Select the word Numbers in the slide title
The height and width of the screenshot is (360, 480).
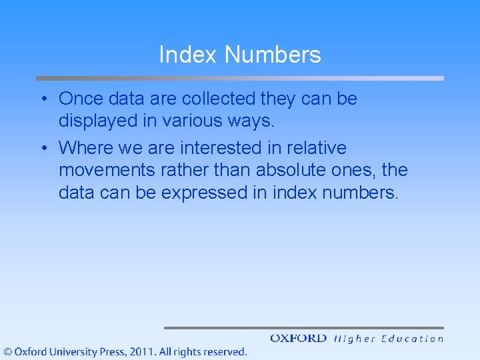click(x=273, y=55)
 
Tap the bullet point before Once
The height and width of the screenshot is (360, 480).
click(x=43, y=99)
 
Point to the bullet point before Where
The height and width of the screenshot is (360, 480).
click(x=43, y=148)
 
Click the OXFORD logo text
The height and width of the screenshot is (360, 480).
click(x=298, y=339)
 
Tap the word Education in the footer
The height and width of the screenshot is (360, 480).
click(x=412, y=339)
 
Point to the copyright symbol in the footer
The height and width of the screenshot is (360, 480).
click(x=8, y=351)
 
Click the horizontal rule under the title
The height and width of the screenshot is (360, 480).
click(x=239, y=78)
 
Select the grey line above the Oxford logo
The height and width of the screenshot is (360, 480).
click(x=303, y=327)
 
